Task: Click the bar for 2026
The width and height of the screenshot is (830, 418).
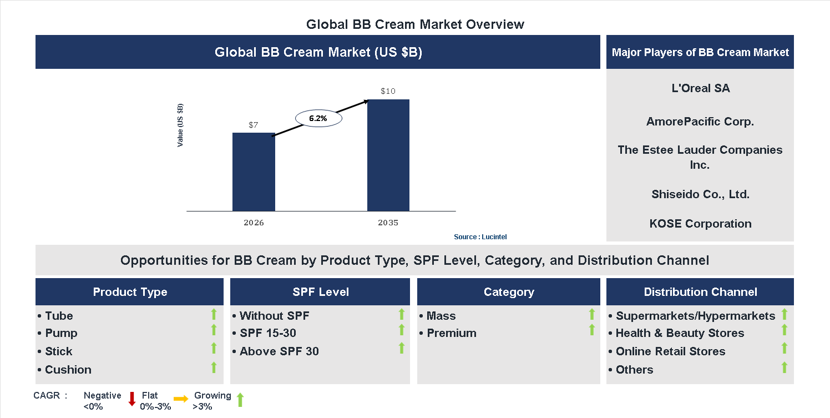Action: [x=254, y=172]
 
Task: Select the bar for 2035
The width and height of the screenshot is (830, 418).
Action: [x=388, y=155]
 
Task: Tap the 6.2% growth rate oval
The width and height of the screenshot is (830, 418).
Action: [x=318, y=118]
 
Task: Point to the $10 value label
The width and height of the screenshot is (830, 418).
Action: [x=388, y=91]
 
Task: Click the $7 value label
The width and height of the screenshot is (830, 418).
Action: [x=254, y=125]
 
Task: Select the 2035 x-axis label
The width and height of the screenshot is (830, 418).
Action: [x=388, y=223]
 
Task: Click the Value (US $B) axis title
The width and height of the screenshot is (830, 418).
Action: [x=180, y=125]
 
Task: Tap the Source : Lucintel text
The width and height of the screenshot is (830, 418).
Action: [x=480, y=237]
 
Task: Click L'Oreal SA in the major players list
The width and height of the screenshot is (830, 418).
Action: [x=700, y=88]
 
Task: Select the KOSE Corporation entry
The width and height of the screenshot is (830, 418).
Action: [x=700, y=224]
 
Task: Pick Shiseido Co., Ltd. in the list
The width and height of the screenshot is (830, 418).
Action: [x=700, y=194]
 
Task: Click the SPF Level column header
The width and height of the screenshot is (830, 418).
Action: [x=320, y=292]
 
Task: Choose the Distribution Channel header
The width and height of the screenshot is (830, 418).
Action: [x=700, y=292]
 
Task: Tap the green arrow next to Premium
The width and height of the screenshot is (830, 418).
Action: [x=591, y=330]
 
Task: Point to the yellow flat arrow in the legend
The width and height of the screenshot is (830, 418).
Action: [x=181, y=399]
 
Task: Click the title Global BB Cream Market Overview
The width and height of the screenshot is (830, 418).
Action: [x=415, y=24]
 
